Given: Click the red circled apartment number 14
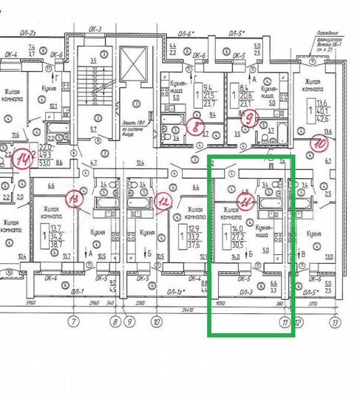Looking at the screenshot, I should tap(24, 158).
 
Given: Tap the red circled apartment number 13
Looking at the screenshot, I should tap(74, 198).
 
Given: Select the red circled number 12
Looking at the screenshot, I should tap(164, 199).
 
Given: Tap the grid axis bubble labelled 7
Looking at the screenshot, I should tap(73, 322).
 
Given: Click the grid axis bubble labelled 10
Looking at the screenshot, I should tap(156, 322).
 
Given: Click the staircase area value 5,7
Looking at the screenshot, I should tap(94, 130).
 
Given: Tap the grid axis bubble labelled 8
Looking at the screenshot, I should tap(115, 322).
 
